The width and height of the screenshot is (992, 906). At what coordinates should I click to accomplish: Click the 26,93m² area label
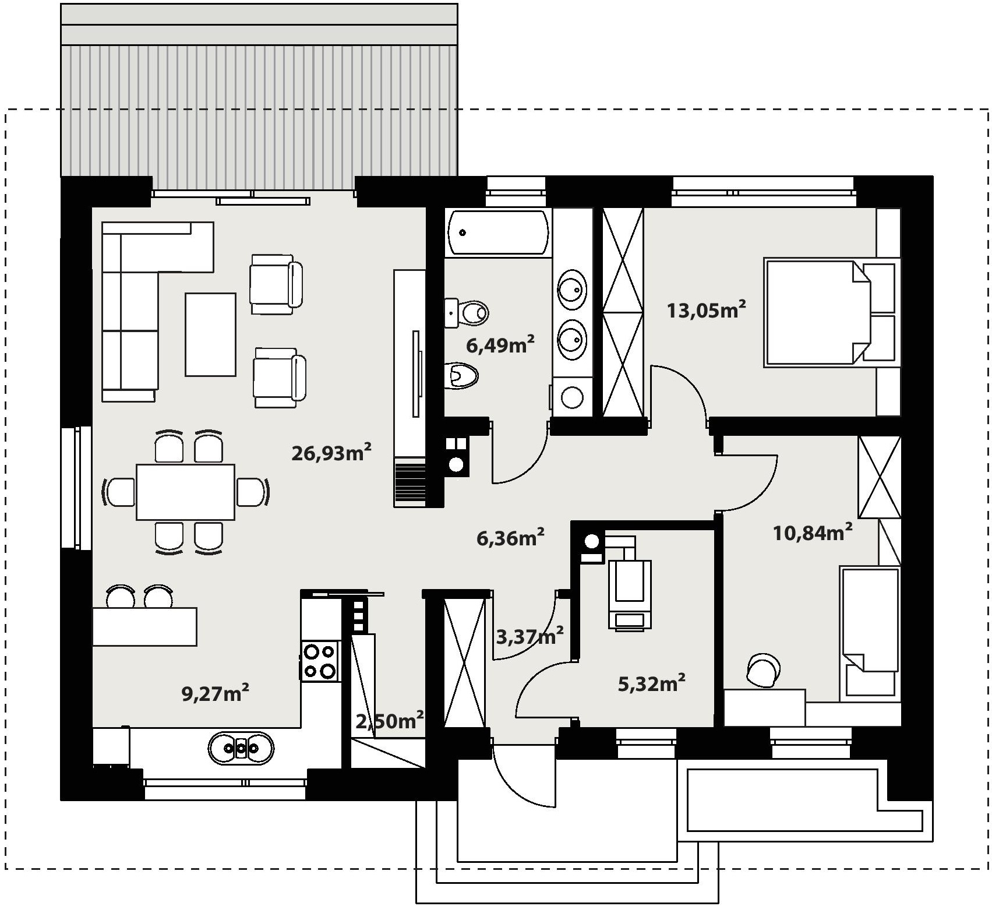(x=331, y=452)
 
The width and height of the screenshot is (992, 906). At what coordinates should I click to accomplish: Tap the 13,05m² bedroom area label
(x=706, y=309)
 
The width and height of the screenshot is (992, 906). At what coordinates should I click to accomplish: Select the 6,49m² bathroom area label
(x=500, y=345)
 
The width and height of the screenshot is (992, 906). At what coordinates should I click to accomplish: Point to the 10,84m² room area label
(x=813, y=532)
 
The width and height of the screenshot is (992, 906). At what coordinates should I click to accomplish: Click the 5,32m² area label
(x=651, y=683)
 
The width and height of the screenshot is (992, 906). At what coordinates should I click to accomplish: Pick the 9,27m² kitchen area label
(x=216, y=693)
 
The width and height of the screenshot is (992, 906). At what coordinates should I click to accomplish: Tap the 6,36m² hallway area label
(x=511, y=538)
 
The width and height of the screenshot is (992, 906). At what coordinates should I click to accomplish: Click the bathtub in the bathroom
(x=498, y=232)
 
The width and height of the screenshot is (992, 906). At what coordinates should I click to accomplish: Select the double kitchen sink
(x=241, y=748)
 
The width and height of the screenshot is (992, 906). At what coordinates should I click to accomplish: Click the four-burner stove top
(x=319, y=661)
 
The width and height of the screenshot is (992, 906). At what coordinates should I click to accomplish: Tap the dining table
(x=185, y=492)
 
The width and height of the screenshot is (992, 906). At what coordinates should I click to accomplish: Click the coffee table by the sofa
(x=210, y=334)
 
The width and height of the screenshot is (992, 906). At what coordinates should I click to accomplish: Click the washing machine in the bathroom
(x=572, y=397)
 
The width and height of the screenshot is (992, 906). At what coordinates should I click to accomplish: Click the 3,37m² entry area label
(x=529, y=636)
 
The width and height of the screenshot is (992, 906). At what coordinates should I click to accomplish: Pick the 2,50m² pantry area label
(x=389, y=721)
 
